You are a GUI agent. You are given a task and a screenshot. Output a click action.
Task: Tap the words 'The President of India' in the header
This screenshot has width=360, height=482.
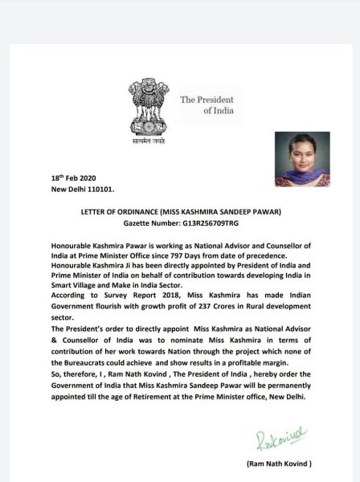[x=210, y=104]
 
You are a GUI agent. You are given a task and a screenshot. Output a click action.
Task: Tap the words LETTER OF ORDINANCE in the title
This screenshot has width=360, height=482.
[x=119, y=211]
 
